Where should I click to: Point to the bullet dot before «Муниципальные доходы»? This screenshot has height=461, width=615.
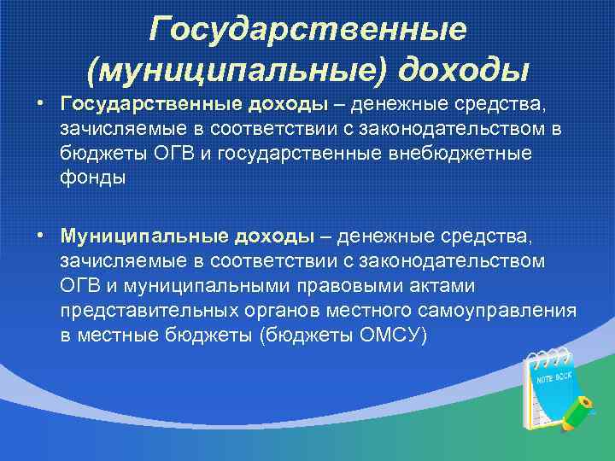[x=40, y=234]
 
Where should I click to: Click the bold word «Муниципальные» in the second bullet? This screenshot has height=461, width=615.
[x=139, y=235]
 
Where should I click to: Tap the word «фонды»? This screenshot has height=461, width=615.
[x=92, y=178]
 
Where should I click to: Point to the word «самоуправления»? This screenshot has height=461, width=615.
[x=507, y=310]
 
